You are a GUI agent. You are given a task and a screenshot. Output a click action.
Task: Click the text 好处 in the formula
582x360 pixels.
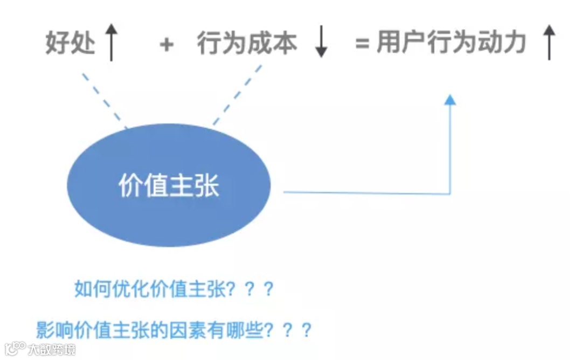(70, 44)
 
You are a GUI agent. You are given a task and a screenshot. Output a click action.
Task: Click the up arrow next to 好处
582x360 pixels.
(111, 44)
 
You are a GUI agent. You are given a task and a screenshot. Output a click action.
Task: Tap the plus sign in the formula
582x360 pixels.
(167, 45)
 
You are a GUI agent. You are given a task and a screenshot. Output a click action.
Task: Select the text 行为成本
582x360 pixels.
(246, 44)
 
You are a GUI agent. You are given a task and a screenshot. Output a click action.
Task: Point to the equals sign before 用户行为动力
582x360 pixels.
(362, 45)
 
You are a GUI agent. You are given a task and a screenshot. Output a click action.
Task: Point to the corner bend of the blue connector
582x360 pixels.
(449, 193)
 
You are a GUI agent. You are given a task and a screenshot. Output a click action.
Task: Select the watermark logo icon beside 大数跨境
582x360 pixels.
(15, 349)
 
